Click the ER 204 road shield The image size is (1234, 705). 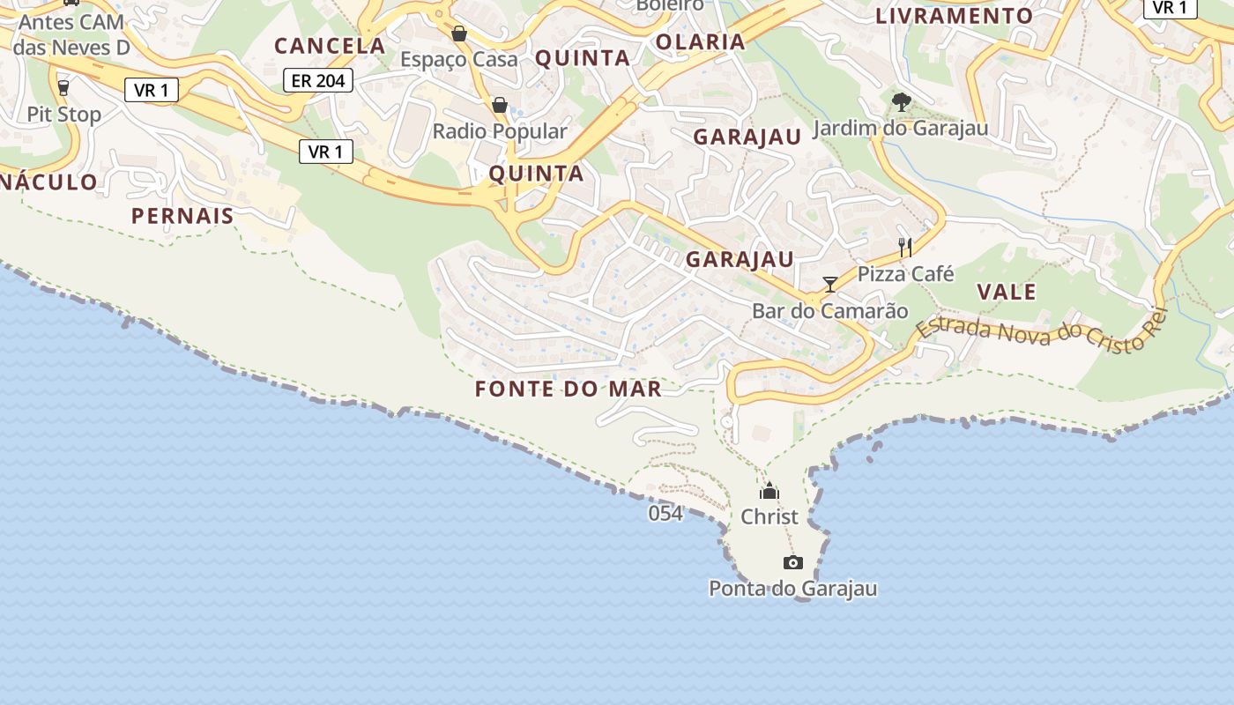coord(318,81)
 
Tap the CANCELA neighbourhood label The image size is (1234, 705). coord(330,46)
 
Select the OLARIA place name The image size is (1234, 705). coord(701,41)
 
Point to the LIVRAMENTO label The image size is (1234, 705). coord(954,16)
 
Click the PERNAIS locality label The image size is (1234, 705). coord(182,216)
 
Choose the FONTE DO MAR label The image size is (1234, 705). coord(569,389)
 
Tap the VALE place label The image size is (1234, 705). coord(1007,292)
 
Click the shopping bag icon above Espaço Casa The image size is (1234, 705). coord(459,33)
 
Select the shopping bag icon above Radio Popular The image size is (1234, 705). coord(500,105)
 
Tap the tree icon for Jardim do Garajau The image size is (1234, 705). coord(900,102)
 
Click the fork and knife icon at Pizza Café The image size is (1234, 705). coord(905,247)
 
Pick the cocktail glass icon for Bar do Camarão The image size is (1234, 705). coord(829,284)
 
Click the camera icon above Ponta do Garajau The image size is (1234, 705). coord(792,562)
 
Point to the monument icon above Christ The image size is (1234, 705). coord(769,491)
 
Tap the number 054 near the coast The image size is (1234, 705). coord(665,513)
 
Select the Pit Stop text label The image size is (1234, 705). coord(64,115)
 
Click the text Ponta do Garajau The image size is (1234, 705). coord(793,589)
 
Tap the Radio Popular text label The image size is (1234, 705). coord(500,131)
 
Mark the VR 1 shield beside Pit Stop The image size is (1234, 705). coord(152,90)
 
